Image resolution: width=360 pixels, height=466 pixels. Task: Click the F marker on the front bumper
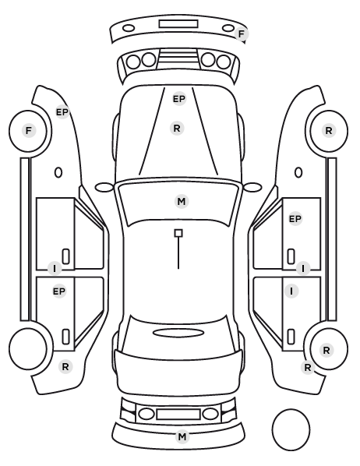(241, 34)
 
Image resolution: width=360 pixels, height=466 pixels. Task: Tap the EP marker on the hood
(179, 99)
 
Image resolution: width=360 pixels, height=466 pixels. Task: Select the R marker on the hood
(177, 129)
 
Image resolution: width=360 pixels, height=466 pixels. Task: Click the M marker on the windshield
(182, 202)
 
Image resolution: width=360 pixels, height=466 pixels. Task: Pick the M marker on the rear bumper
(182, 436)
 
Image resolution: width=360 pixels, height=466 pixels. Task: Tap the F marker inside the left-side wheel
(29, 130)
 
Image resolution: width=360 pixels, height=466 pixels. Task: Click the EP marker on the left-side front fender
(62, 112)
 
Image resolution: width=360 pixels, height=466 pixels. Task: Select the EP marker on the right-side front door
(295, 219)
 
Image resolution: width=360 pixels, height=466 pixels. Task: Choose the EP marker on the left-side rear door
(59, 291)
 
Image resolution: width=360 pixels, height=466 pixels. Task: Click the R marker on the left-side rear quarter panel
(65, 367)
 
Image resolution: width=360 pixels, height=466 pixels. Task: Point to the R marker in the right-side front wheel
(329, 130)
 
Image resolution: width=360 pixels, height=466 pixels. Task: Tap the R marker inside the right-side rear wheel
(326, 350)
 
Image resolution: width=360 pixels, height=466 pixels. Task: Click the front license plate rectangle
(178, 24)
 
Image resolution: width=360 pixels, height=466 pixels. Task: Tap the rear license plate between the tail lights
(178, 414)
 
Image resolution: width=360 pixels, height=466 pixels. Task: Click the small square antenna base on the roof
(178, 233)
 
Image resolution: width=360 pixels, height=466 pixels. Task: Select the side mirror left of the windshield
(104, 187)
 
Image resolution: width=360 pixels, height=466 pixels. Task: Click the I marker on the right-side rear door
(291, 291)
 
